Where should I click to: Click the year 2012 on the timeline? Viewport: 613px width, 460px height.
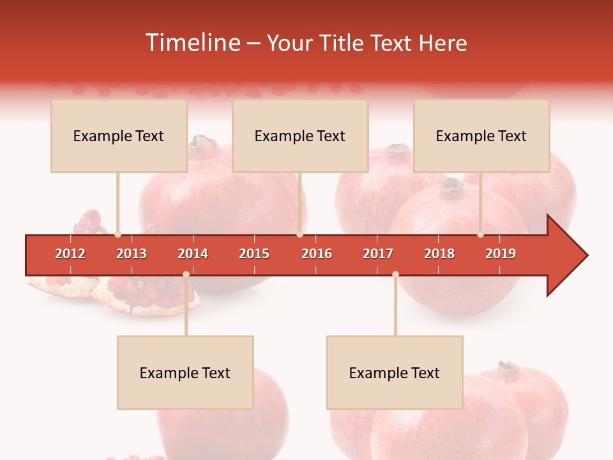pos(70,254)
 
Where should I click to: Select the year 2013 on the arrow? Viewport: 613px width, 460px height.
pos(132,254)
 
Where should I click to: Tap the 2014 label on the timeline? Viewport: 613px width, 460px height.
pos(193,254)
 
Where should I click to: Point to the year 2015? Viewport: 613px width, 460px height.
pos(254,254)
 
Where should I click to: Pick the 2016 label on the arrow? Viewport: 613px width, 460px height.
pos(317,254)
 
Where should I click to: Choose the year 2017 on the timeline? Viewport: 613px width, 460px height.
pos(378,254)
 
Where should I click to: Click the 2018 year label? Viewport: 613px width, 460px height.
pos(439,254)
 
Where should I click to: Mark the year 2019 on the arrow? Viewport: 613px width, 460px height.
pos(501,254)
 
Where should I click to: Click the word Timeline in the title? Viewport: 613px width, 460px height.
pos(191,43)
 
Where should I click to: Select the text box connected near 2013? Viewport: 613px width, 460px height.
pos(119,136)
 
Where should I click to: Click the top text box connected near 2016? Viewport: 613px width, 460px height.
pos(300,136)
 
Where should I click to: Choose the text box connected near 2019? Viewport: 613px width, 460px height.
pos(481,136)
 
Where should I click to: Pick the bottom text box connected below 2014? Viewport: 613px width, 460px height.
pos(185,372)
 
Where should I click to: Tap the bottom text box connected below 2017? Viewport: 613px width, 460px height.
pos(395,372)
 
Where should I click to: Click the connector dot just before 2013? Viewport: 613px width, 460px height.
pos(117,234)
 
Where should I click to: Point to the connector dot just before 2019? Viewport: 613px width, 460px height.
pos(481,234)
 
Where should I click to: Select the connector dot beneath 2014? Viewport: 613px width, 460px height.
pos(186,275)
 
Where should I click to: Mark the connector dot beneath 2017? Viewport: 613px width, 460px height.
pos(395,275)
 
